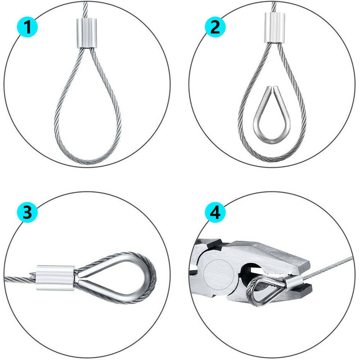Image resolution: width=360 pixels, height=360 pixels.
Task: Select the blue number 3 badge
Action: tap(27, 213)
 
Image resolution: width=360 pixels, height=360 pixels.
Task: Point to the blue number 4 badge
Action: tap(215, 213)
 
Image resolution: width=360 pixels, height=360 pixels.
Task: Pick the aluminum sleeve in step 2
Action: tap(274, 28)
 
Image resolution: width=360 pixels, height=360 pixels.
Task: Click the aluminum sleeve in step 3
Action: tap(55, 277)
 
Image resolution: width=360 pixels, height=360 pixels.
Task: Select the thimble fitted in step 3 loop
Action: tap(112, 278)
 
